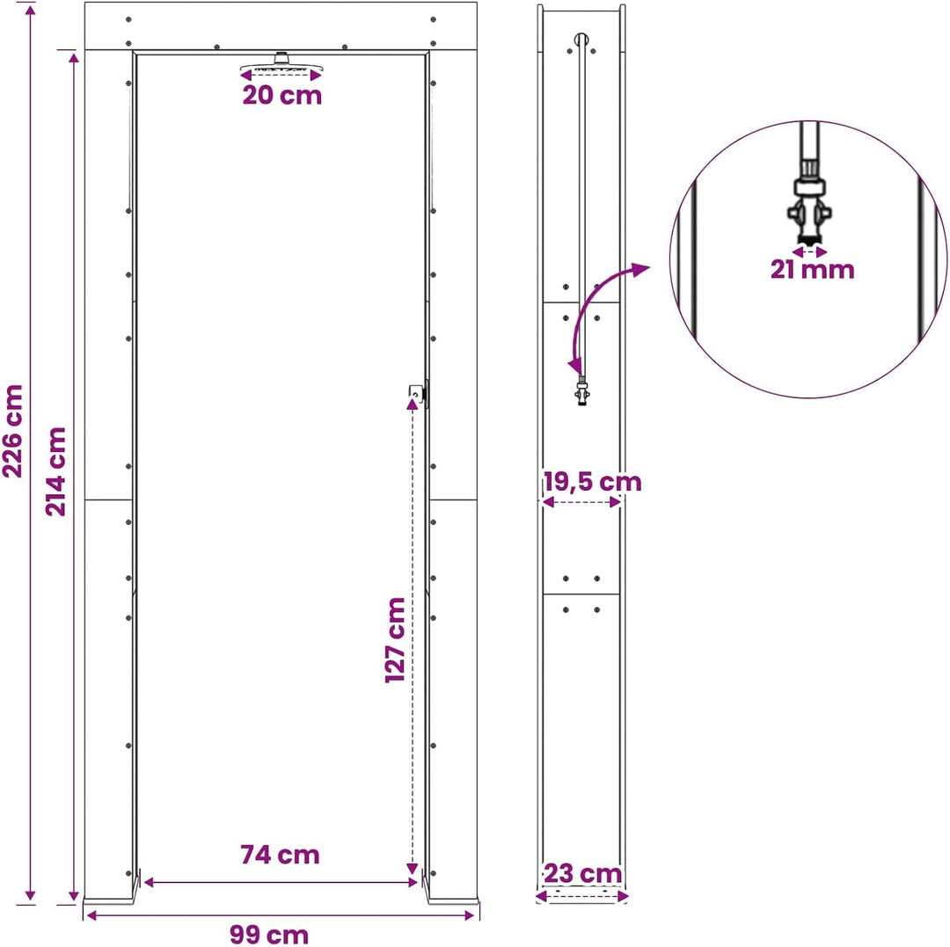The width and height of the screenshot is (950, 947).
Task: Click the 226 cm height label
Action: [12, 431]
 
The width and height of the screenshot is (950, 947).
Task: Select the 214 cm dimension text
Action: [55, 471]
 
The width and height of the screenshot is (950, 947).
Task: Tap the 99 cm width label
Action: [269, 935]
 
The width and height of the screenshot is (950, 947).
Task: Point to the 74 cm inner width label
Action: [280, 855]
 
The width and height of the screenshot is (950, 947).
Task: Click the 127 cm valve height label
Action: [395, 640]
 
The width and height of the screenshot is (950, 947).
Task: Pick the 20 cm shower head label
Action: [282, 95]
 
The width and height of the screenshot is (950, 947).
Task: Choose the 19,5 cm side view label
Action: [592, 482]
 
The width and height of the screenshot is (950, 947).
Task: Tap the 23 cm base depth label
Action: [583, 874]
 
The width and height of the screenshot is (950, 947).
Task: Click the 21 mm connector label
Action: [813, 269]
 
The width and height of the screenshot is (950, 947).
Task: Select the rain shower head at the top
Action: [281, 63]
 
